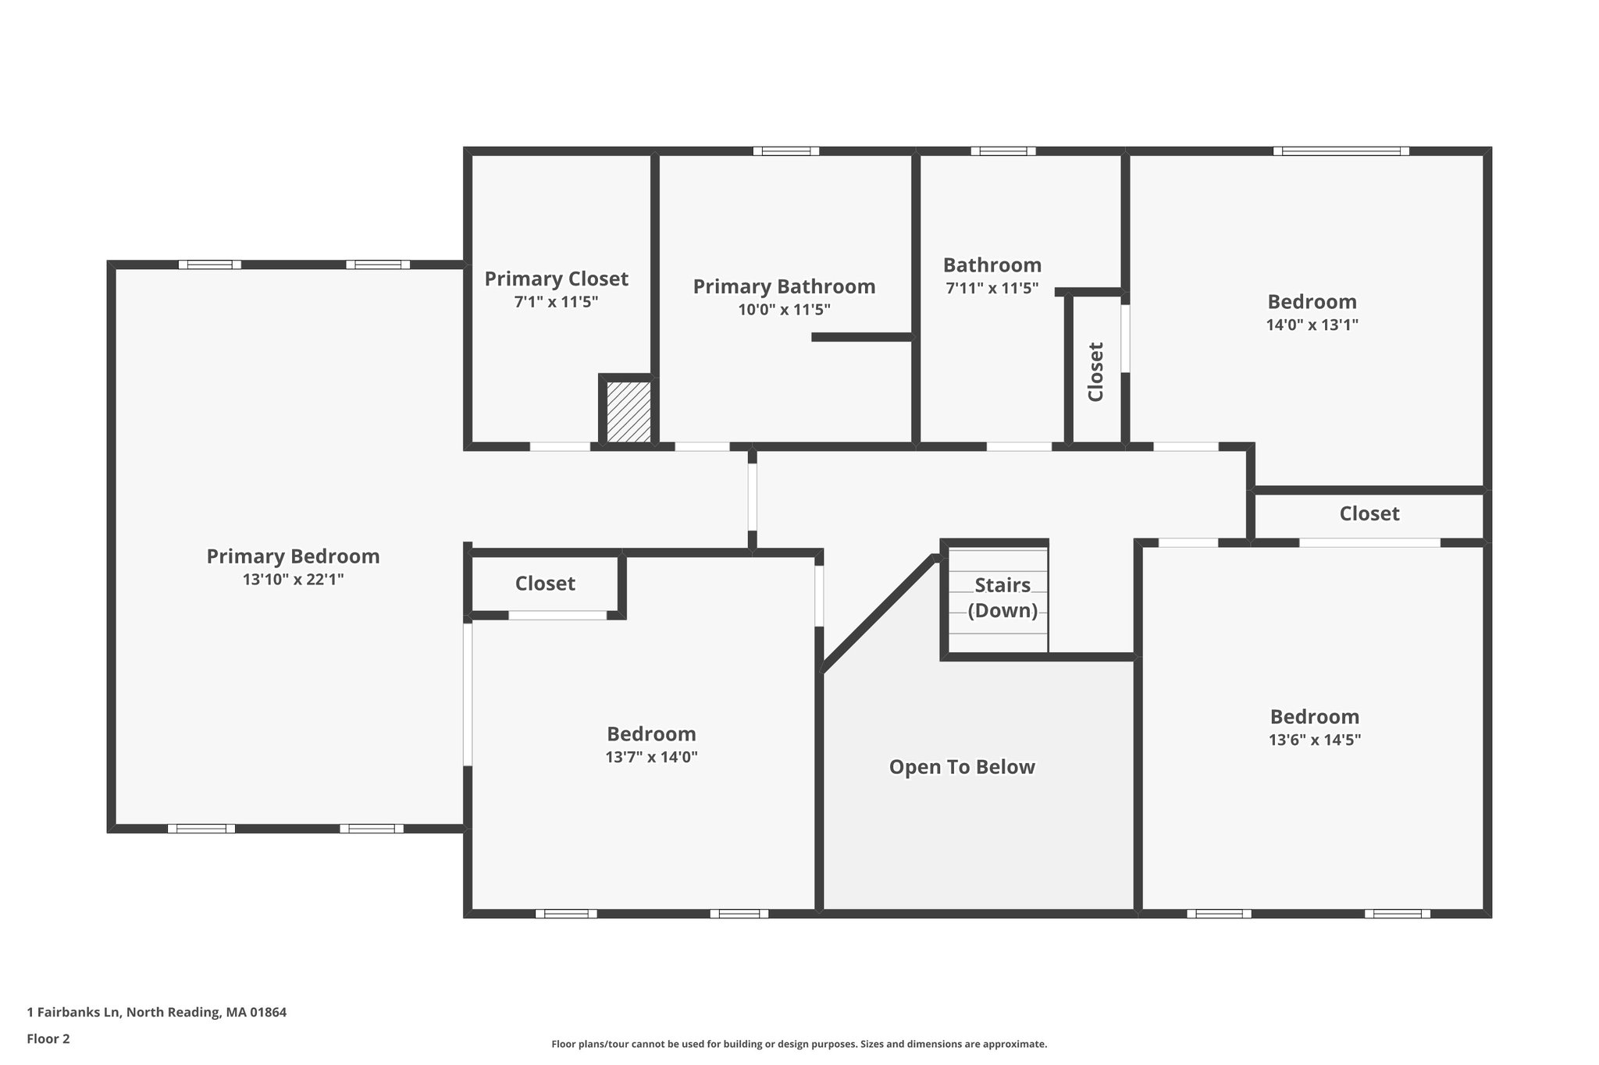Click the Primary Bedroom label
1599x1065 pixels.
[x=293, y=556]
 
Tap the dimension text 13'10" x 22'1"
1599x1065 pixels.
[x=293, y=580]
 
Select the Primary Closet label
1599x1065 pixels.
[x=556, y=279]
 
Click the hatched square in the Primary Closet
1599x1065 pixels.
[x=629, y=412]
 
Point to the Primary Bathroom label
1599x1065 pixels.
[x=784, y=286]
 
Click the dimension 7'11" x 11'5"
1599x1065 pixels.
[x=992, y=288]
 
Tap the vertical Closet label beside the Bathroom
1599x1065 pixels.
[x=1096, y=371]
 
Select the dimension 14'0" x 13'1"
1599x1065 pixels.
[x=1312, y=325]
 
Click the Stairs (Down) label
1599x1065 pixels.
[x=1002, y=598]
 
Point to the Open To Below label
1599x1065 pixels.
[x=962, y=767]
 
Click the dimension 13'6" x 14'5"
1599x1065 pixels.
[x=1315, y=740]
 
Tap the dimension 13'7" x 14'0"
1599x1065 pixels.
[x=651, y=757]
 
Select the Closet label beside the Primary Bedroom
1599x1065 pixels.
[x=545, y=584]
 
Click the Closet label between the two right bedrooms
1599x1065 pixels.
[x=1369, y=513]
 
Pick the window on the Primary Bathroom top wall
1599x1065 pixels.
[x=786, y=151]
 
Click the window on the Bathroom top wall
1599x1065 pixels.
[x=1003, y=151]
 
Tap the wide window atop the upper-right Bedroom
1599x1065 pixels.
[x=1341, y=151]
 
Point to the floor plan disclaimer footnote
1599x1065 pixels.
[x=799, y=1044]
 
